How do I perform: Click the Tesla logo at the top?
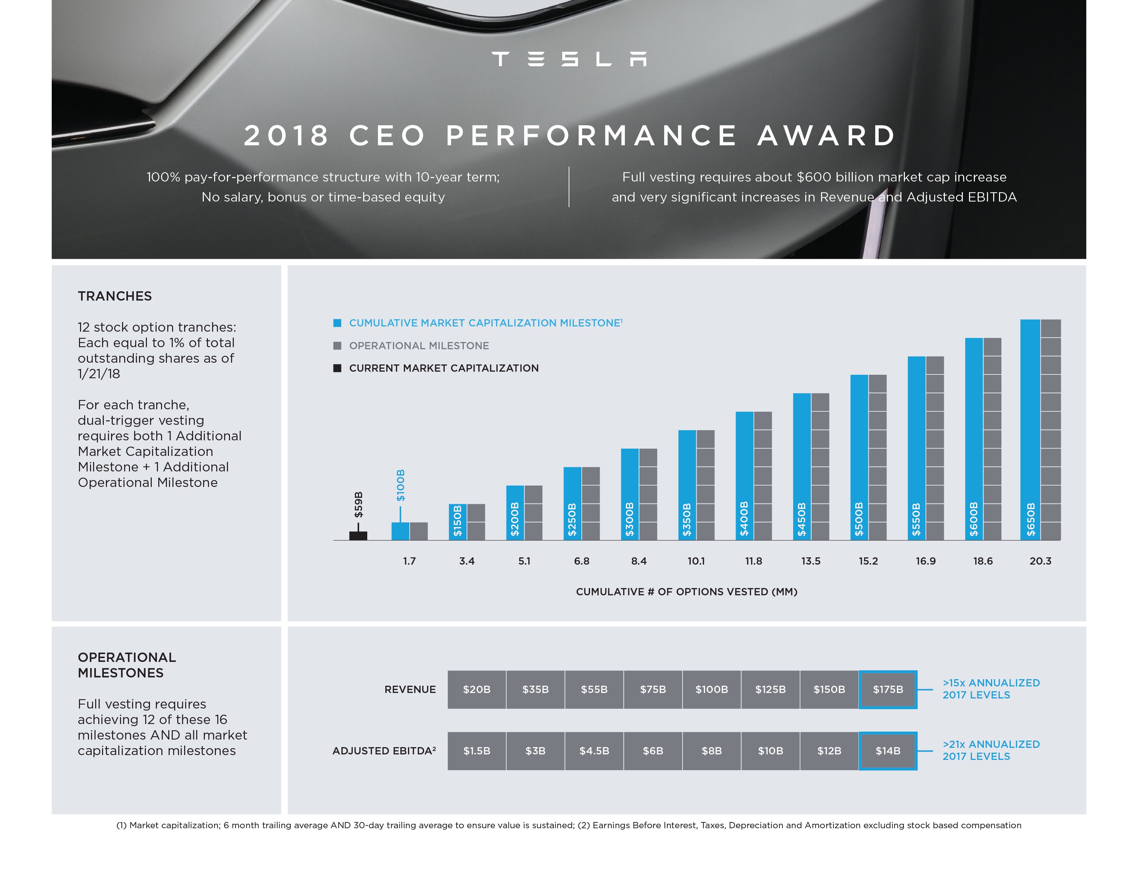pyautogui.click(x=569, y=59)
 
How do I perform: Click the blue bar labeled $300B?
pyautogui.click(x=629, y=494)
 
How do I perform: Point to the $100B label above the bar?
pyautogui.click(x=400, y=485)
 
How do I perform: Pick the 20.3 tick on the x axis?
pyautogui.click(x=1040, y=561)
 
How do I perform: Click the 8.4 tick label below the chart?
pyautogui.click(x=639, y=561)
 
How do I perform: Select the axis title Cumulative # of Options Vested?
pyautogui.click(x=686, y=592)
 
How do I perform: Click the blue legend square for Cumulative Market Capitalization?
pyautogui.click(x=337, y=323)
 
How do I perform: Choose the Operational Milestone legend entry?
pyautogui.click(x=418, y=346)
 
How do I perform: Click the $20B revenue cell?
pyautogui.click(x=476, y=689)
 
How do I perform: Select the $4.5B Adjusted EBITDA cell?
pyautogui.click(x=594, y=751)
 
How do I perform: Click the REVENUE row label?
pyautogui.click(x=410, y=689)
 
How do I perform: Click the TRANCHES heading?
pyautogui.click(x=114, y=296)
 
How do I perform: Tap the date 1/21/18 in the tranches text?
pyautogui.click(x=99, y=374)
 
